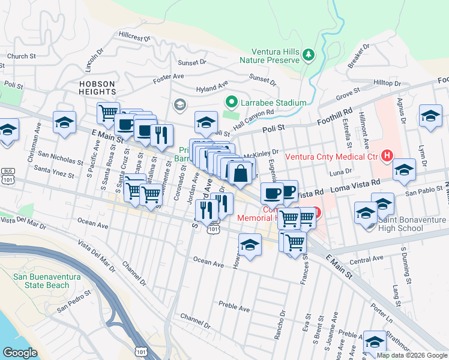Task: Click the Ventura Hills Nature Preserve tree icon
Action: pos(309,55)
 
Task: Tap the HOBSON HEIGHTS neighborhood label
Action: pos(97,88)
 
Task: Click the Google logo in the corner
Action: pos(20,353)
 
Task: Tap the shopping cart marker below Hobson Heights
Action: pos(108,112)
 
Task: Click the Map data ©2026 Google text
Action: pos(411,355)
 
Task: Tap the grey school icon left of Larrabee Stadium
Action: pos(179,106)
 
